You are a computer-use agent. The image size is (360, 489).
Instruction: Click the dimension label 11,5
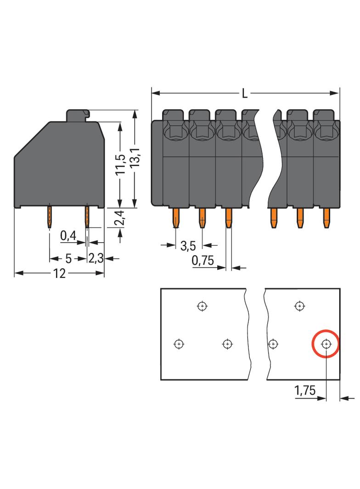click(x=119, y=165)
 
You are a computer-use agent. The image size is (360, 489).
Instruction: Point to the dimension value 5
click(x=68, y=258)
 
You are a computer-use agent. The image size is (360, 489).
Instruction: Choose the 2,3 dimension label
click(x=96, y=258)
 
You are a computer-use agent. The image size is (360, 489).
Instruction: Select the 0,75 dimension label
click(x=203, y=261)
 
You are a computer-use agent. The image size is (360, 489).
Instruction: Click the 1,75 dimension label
click(x=304, y=391)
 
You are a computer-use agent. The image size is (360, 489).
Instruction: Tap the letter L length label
click(x=245, y=94)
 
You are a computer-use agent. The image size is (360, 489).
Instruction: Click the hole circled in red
click(x=326, y=344)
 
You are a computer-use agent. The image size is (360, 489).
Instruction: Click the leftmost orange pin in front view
click(x=175, y=217)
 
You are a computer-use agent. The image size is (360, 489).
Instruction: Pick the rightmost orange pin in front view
click(x=326, y=217)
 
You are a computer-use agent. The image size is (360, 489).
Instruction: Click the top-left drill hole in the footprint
click(x=201, y=306)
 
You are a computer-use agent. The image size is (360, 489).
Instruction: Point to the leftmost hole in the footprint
click(x=179, y=344)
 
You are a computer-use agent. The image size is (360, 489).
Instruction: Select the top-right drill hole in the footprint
click(x=299, y=306)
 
